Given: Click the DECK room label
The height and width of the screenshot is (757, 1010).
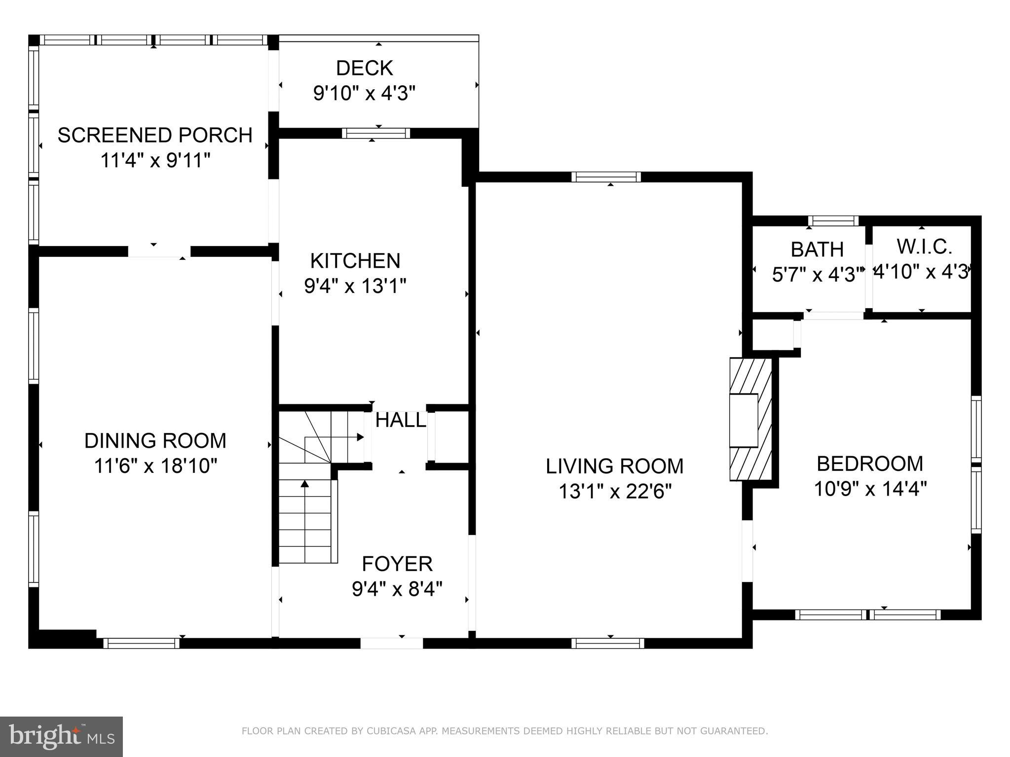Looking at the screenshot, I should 364,68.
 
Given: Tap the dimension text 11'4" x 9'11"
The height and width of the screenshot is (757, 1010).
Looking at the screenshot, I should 155,160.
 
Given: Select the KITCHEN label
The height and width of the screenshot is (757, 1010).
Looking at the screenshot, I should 355,260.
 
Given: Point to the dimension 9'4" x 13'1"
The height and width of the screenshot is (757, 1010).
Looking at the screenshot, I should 355,286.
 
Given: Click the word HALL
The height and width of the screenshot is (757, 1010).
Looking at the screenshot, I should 400,420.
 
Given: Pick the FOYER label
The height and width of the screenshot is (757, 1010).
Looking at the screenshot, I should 397,563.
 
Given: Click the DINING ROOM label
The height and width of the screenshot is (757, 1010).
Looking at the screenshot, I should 155,440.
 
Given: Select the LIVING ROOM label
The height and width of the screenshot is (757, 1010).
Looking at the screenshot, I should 614,466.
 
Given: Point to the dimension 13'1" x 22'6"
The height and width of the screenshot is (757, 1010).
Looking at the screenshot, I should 615,491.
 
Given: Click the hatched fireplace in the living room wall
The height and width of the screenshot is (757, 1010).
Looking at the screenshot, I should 750,419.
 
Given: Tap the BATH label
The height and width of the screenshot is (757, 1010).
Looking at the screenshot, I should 817,250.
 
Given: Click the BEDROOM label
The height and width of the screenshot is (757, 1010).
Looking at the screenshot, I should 870,464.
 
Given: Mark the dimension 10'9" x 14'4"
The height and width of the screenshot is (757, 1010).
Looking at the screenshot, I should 870,489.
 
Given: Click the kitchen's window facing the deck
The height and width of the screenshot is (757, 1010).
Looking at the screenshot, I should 376,133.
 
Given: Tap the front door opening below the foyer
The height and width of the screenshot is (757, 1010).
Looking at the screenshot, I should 391,643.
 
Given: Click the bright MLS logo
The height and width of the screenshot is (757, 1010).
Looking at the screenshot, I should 61,736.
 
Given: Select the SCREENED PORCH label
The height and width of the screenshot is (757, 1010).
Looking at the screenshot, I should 155,135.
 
